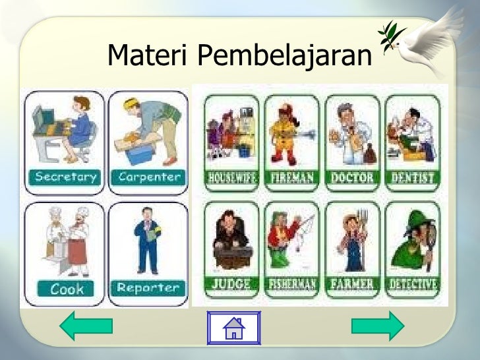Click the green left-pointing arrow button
86,326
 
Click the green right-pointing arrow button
378,326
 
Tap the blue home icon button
234,327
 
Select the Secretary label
65,177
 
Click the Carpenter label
149,177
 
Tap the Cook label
67,289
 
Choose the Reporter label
148,288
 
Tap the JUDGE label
231,285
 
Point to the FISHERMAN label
291,285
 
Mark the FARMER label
353,285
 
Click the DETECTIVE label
412,285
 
